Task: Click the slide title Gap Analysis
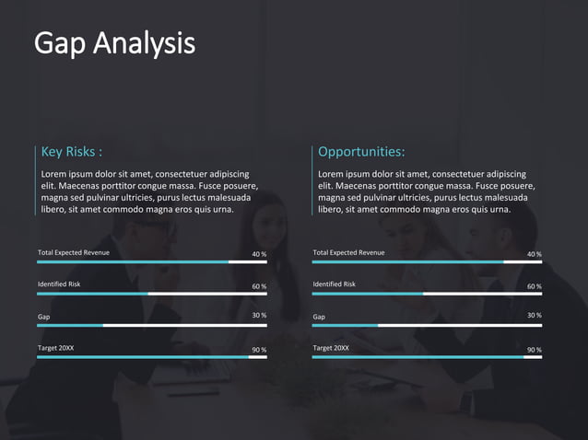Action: [114, 43]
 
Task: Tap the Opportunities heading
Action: [361, 152]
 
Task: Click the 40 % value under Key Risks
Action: [259, 254]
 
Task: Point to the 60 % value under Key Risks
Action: [259, 286]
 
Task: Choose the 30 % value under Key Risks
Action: [259, 316]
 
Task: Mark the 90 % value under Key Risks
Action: [259, 350]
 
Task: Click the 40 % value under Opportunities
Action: [535, 254]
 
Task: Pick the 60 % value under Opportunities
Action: [535, 286]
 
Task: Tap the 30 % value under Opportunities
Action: [535, 316]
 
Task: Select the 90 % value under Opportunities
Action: [535, 350]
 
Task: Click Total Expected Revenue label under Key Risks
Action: [74, 252]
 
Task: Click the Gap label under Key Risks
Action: [43, 317]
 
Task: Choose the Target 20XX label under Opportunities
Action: [331, 348]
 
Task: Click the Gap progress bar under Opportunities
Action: [427, 326]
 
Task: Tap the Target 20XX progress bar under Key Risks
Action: [152, 357]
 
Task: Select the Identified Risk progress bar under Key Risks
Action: [152, 294]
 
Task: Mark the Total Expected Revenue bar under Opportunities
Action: [427, 262]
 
